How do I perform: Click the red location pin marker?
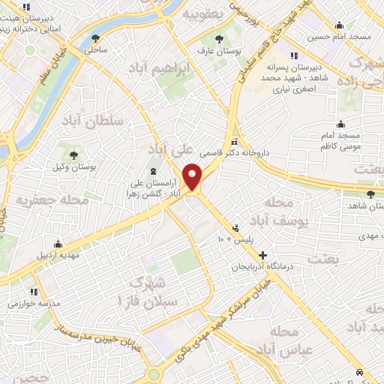point(193,177)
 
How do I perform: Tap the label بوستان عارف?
point(218,51)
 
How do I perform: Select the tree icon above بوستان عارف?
point(219,38)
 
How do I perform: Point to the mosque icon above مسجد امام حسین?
point(340,24)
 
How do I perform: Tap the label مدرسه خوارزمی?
point(33,304)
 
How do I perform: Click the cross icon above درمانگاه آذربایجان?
point(262,256)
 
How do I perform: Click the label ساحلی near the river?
point(96,49)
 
